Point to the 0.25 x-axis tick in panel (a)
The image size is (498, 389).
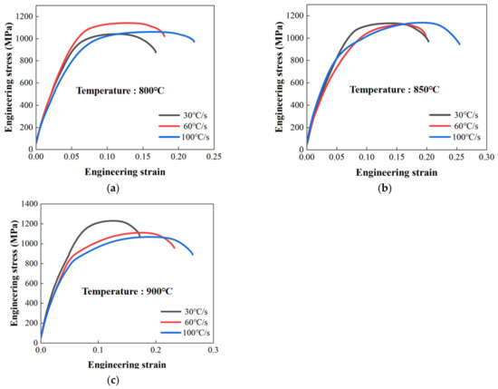(x=215, y=157)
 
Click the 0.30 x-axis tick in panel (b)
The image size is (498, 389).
(x=486, y=157)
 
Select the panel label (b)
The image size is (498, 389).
(x=387, y=187)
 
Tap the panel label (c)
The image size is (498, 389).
(x=112, y=379)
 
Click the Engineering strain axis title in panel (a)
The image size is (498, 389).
(x=125, y=171)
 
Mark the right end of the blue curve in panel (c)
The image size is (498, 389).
(x=193, y=254)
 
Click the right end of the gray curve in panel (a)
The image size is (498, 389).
(x=156, y=52)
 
